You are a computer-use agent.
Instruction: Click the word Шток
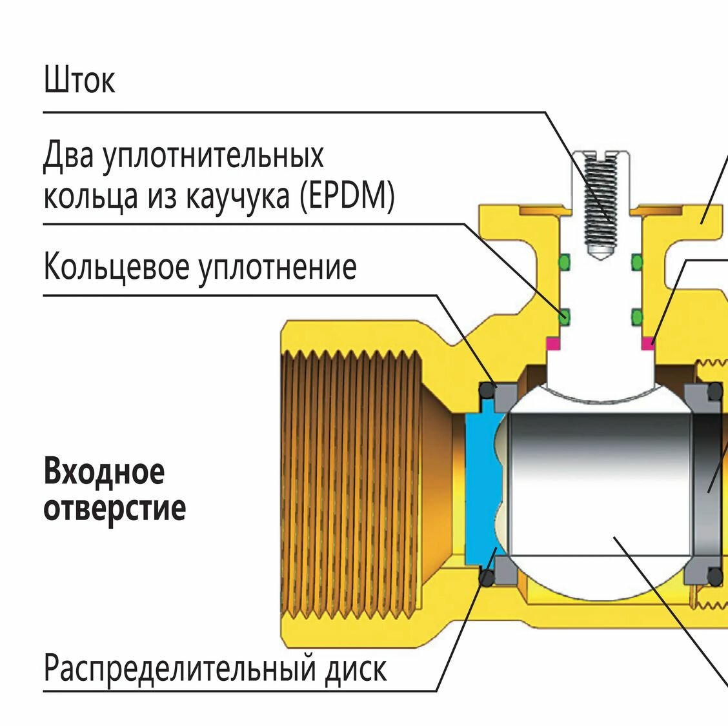point(79,80)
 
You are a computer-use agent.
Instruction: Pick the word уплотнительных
point(213,157)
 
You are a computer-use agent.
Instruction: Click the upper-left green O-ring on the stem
point(565,261)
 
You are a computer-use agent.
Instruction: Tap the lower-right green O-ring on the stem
point(637,316)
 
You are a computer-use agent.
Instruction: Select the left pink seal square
point(552,343)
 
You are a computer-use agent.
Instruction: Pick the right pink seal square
point(647,343)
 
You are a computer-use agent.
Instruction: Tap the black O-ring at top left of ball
point(486,391)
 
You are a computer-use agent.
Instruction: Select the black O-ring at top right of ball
point(715,390)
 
